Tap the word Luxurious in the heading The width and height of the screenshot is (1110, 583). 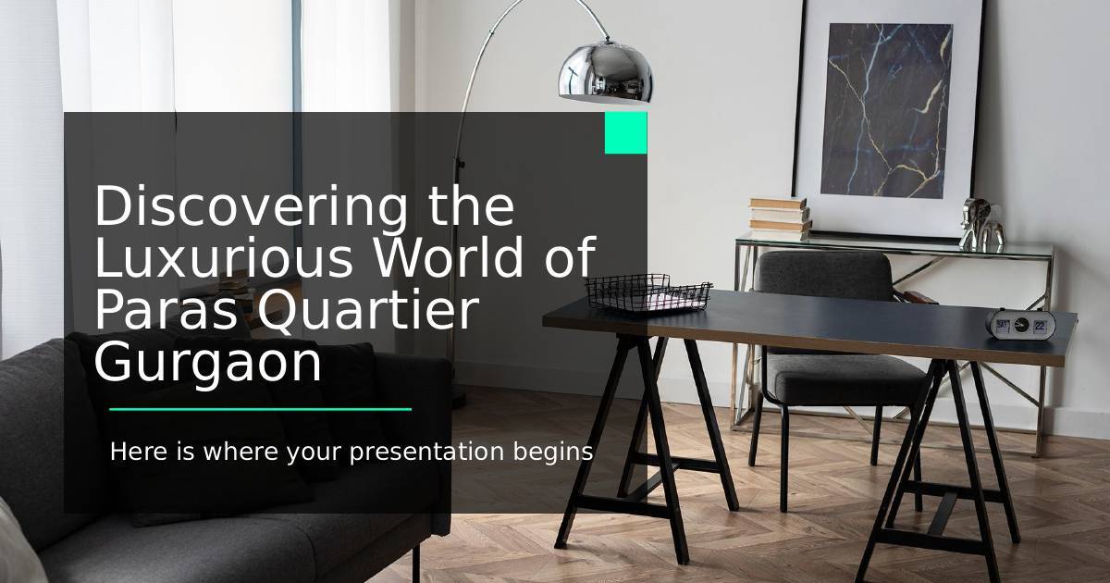click(x=223, y=257)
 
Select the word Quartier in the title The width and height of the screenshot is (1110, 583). click(x=368, y=310)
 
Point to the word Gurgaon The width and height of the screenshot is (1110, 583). click(x=207, y=364)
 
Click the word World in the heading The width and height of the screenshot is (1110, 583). click(x=448, y=257)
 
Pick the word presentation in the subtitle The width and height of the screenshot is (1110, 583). click(x=426, y=453)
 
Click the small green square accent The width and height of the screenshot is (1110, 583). click(x=626, y=133)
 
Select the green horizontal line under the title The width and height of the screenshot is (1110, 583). click(x=260, y=409)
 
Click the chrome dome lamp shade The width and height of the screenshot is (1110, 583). click(x=606, y=73)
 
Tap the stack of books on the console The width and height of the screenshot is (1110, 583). click(x=780, y=218)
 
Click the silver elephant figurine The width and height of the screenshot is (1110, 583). click(x=981, y=224)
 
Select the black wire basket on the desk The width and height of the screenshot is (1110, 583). click(x=648, y=293)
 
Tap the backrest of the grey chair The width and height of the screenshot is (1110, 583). click(x=823, y=276)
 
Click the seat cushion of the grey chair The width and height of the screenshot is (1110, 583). click(x=845, y=379)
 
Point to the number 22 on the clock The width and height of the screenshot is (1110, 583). click(x=1040, y=326)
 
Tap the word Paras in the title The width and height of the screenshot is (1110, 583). click(x=166, y=310)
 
